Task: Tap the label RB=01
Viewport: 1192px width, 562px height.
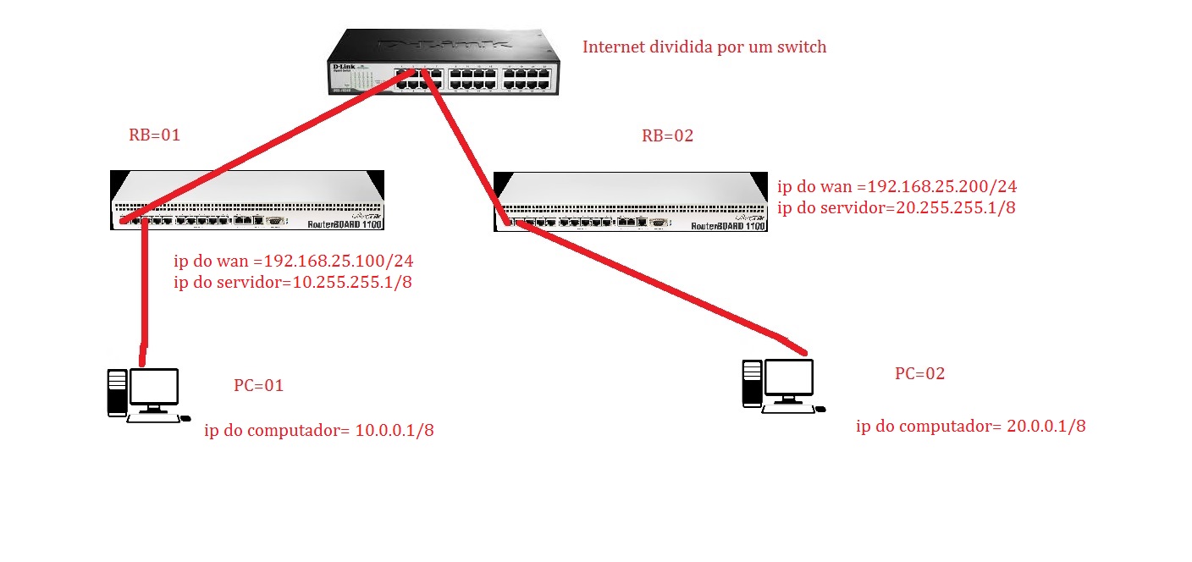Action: (155, 135)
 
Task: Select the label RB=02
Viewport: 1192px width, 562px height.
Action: (667, 135)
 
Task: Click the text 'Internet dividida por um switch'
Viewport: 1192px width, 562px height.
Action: (704, 47)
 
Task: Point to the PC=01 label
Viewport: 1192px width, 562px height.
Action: (258, 386)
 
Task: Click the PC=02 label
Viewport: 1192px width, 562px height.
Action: (919, 374)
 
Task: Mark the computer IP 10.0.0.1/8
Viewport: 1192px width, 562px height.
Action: (395, 432)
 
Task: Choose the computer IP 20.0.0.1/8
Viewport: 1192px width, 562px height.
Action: (1046, 427)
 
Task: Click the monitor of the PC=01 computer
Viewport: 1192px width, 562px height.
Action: (153, 388)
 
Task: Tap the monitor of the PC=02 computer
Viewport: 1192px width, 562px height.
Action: (788, 378)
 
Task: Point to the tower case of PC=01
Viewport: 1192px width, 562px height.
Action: (117, 393)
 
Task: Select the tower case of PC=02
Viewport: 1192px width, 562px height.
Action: (752, 383)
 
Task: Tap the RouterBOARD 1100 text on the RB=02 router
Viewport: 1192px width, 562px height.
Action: (728, 226)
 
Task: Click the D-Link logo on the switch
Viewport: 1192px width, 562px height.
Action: (343, 66)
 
